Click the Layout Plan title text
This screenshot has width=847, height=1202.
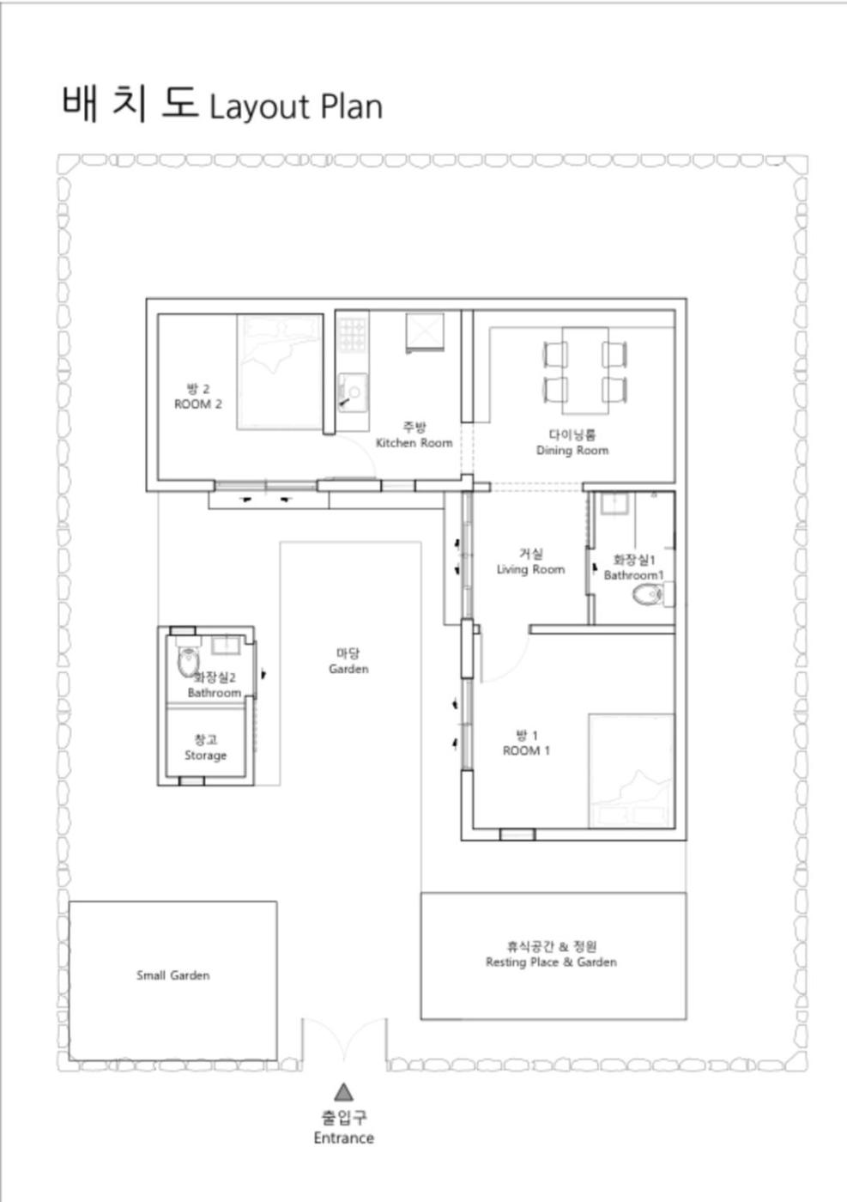[x=295, y=106]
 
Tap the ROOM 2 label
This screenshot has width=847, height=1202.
[x=198, y=404]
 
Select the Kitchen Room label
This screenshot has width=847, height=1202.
[x=414, y=443]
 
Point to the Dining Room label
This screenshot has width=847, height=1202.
[x=572, y=450]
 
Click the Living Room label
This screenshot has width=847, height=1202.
[x=530, y=569]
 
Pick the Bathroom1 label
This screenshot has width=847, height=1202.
[x=633, y=575]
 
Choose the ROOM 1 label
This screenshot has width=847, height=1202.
[x=526, y=750]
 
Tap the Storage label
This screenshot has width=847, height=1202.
[x=205, y=756]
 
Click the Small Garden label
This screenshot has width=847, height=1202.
[x=172, y=975]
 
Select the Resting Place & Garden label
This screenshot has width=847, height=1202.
[x=551, y=962]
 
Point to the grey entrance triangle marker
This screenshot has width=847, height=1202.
[x=343, y=1092]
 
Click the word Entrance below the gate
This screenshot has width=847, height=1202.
[x=344, y=1138]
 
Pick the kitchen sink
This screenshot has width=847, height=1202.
[x=353, y=393]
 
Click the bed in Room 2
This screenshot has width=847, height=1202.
[x=280, y=372]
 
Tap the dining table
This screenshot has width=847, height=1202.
[x=585, y=371]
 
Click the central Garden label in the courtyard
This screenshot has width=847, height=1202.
[x=348, y=669]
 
